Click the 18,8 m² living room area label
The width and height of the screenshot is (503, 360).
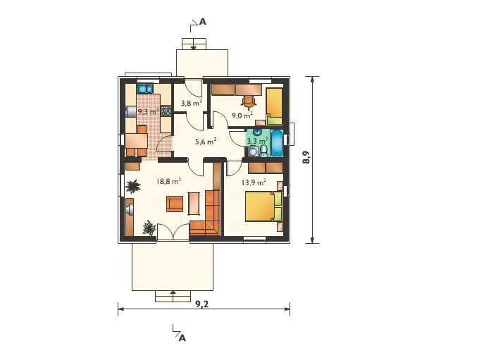coord(168,181)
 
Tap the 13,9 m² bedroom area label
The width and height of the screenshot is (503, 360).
coord(254,182)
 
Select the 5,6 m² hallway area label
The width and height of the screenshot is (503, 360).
coord(205,141)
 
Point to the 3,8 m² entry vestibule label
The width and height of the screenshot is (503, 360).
coord(191,104)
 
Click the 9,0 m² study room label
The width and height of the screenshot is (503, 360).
coord(242,116)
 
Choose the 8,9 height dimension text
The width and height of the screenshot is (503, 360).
coord(306,157)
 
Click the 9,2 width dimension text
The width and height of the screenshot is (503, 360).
coord(202,304)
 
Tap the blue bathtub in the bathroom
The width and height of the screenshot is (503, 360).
coord(277,143)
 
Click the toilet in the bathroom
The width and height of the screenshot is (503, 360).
coord(263,151)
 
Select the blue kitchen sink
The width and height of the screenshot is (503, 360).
coord(144,89)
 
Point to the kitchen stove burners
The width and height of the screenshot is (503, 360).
coord(166,111)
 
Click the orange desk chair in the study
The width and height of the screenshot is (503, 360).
coord(249,102)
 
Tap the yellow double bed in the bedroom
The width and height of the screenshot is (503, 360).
coord(263,206)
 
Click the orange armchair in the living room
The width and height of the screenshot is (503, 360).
coord(175,204)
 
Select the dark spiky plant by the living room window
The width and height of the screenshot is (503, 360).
coord(132,187)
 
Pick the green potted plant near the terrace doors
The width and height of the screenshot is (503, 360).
coord(149,228)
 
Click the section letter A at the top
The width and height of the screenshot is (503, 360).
coord(203,22)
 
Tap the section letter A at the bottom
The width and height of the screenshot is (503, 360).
coord(182,338)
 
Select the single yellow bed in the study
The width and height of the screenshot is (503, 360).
coord(274,106)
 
